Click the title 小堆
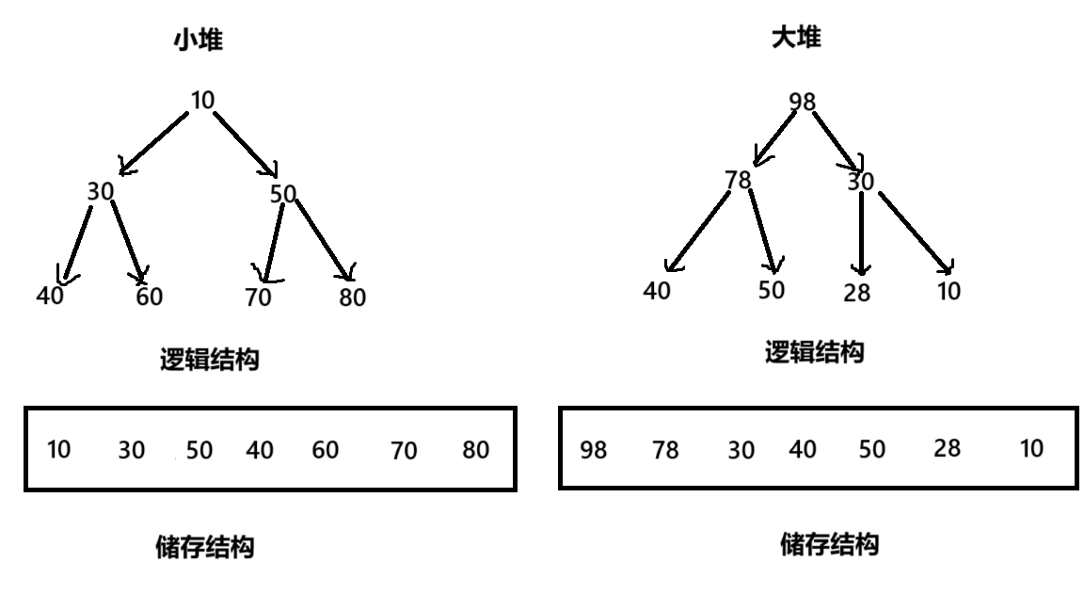point(198,40)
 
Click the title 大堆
point(795,38)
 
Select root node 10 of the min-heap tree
point(202,99)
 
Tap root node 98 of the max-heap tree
point(803,102)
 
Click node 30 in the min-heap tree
point(100,191)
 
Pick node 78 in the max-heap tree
point(739,179)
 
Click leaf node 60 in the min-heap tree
point(149,297)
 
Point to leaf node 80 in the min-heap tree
point(352,297)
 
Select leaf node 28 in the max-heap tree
point(857,293)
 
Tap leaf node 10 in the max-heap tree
point(949,292)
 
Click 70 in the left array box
point(404,451)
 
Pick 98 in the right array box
point(594,451)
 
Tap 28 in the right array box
point(947,448)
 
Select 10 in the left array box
point(58,449)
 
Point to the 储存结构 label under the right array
point(829,544)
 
